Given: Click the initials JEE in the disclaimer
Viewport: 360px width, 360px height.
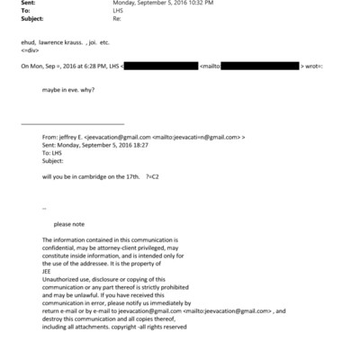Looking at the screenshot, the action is pyautogui.click(x=49, y=269).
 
